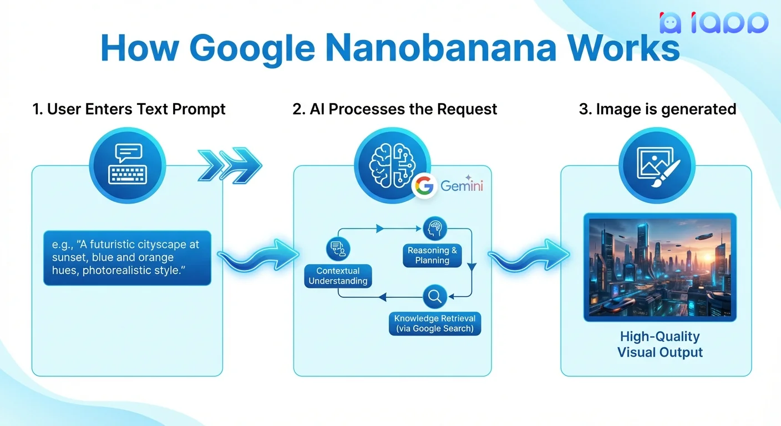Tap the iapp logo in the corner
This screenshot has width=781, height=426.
point(713,23)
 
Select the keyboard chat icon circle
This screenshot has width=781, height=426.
point(127,165)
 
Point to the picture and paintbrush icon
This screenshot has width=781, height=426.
point(657,165)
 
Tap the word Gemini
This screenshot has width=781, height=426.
point(462,186)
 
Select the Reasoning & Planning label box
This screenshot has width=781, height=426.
point(432,256)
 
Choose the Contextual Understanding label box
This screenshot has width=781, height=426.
point(338,276)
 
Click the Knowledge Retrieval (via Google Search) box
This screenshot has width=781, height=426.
point(435,323)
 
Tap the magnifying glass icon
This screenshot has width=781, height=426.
point(435,297)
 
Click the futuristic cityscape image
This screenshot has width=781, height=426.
point(660,267)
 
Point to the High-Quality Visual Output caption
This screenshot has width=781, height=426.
point(660,344)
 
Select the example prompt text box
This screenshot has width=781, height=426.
point(127,258)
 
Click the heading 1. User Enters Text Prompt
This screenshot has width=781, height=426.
point(129,109)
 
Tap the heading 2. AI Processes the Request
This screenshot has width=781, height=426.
point(394,109)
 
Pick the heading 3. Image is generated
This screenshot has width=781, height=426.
point(657,109)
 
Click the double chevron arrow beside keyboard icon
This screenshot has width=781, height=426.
point(229,165)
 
